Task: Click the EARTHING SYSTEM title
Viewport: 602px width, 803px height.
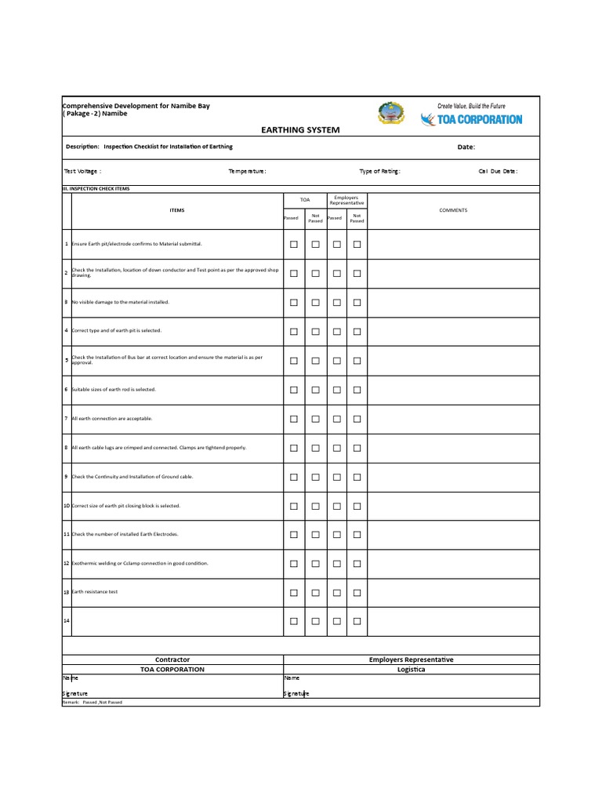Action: [300, 129]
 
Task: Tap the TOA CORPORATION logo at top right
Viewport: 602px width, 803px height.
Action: [471, 119]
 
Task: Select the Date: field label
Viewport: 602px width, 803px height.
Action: [466, 147]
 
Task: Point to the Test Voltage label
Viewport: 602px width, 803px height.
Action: [82, 171]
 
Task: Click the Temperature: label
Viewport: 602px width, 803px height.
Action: [247, 171]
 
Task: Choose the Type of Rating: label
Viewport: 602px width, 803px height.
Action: [379, 171]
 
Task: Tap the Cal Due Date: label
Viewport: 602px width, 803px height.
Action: [498, 171]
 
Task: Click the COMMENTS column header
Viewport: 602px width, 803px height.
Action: [453, 210]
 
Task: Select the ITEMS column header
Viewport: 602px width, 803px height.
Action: [177, 210]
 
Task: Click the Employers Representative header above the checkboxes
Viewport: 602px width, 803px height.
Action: [346, 200]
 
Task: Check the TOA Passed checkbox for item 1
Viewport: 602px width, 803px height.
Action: [294, 245]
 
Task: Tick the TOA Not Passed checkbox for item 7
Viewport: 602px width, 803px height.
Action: [315, 419]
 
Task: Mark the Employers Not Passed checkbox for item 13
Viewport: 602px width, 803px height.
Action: [357, 592]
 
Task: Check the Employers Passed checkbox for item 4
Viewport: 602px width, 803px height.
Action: [336, 332]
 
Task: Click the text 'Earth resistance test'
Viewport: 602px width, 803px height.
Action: [95, 592]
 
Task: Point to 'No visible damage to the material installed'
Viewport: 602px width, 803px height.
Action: [120, 302]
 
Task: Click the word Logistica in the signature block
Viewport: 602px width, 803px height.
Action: [411, 670]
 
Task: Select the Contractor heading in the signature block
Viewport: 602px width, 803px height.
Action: [172, 659]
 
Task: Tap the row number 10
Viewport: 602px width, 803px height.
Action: [67, 506]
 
